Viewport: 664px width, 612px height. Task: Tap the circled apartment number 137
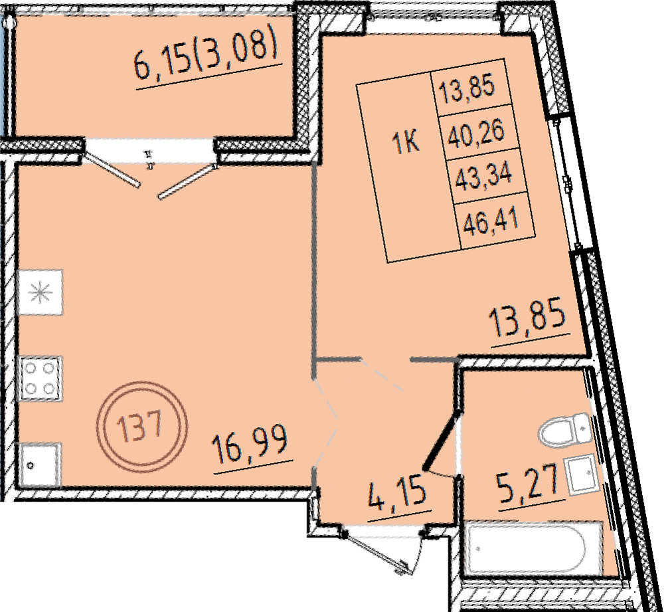[141, 427]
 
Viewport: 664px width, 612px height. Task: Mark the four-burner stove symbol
[40, 379]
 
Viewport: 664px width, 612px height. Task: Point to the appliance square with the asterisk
[40, 292]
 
